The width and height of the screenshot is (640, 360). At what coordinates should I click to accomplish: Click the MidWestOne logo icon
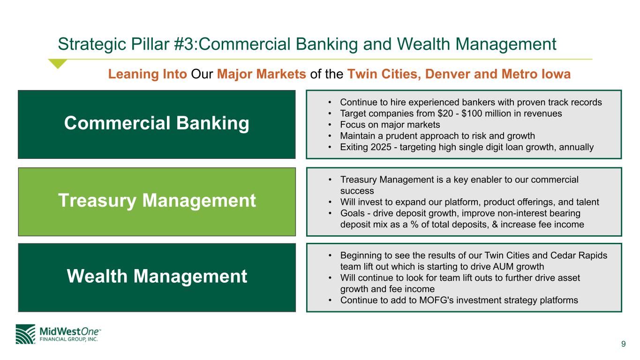tap(25, 334)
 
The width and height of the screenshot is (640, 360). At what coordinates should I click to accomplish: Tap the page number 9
tap(624, 344)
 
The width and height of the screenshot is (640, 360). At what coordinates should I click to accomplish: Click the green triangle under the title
tap(58, 64)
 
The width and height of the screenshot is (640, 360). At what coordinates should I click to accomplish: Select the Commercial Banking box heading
tap(157, 123)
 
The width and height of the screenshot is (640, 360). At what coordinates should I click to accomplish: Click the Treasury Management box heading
tap(157, 201)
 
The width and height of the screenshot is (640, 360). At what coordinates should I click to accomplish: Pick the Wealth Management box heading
tap(157, 276)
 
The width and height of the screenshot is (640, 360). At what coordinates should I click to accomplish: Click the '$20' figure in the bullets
tap(445, 113)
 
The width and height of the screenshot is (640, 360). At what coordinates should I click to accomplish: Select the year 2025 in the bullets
tap(381, 147)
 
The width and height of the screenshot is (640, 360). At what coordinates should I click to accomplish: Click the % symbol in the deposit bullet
tap(414, 224)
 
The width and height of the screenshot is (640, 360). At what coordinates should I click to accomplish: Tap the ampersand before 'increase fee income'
tap(495, 224)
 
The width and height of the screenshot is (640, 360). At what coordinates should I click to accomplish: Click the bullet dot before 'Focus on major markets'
tap(330, 125)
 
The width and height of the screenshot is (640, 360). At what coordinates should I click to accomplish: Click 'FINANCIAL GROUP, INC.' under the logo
tap(68, 339)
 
